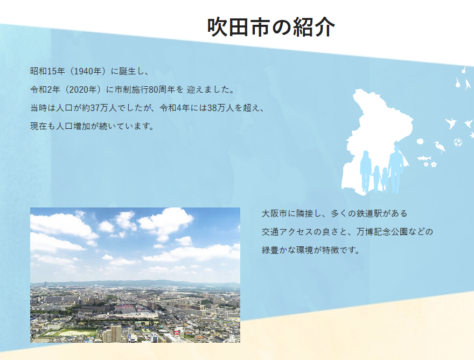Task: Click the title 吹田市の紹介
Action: pyautogui.click(x=271, y=27)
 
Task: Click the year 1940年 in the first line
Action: pyautogui.click(x=88, y=71)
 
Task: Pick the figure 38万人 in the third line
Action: pyautogui.click(x=221, y=108)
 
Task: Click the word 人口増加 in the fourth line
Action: pyautogui.click(x=73, y=126)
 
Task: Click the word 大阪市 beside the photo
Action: pyautogui.click(x=274, y=213)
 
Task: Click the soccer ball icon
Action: pyautogui.click(x=458, y=142)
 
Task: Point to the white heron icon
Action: pyautogui.click(x=440, y=147)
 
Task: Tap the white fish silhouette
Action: pyautogui.click(x=424, y=158)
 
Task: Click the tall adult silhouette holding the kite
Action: pyautogui.click(x=396, y=169)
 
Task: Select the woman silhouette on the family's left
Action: pyautogui.click(x=366, y=171)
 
